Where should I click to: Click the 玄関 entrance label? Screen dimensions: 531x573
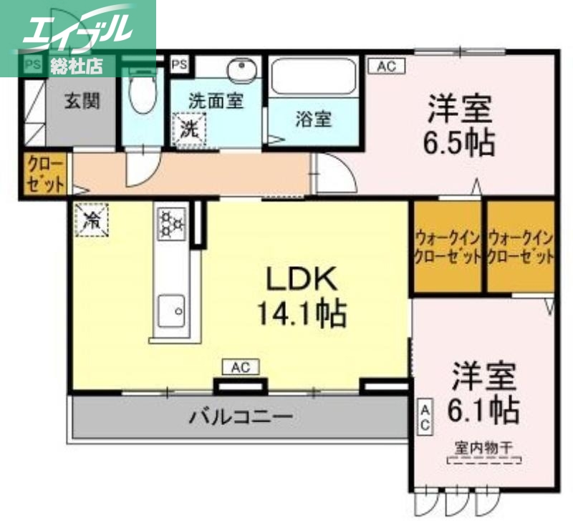point(83,101)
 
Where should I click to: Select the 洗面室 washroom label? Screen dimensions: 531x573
point(216,101)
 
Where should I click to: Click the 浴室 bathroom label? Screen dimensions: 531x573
point(313,118)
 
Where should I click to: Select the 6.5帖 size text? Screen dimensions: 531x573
point(459,142)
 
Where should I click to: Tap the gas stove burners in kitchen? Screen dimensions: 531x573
point(171,223)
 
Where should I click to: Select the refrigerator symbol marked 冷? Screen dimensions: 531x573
point(92,218)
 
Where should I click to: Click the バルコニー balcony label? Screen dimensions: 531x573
point(241,416)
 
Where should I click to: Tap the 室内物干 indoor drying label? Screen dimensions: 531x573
point(483,448)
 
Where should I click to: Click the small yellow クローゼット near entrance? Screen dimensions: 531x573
point(46,175)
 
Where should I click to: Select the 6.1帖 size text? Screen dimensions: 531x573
point(483,410)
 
